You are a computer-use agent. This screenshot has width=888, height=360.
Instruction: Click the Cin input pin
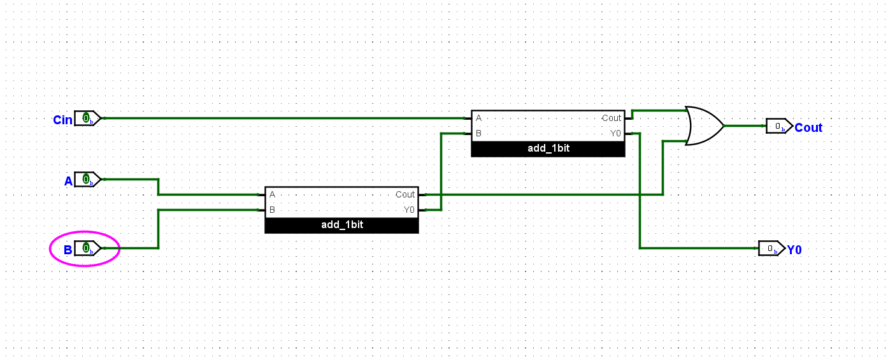pyautogui.click(x=87, y=119)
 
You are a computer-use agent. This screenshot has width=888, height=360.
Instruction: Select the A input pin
pyautogui.click(x=87, y=180)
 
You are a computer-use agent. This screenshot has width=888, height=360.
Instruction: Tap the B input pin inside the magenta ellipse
pyautogui.click(x=87, y=248)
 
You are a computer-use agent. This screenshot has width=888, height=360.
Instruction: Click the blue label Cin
pyautogui.click(x=62, y=120)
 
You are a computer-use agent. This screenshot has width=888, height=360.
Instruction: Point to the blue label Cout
pyautogui.click(x=808, y=128)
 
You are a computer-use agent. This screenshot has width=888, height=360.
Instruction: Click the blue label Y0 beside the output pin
pyautogui.click(x=794, y=250)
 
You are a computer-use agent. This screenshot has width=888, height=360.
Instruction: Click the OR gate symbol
pyautogui.click(x=703, y=126)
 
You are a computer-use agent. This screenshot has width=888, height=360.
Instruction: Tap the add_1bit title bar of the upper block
pyautogui.click(x=548, y=149)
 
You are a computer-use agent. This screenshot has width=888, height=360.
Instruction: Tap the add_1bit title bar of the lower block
pyautogui.click(x=342, y=226)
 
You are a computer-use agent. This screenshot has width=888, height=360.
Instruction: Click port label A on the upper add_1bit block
pyautogui.click(x=478, y=119)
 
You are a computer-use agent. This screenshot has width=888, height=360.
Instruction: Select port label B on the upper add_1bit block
pyautogui.click(x=478, y=134)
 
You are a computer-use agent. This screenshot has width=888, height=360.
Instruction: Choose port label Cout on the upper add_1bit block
pyautogui.click(x=611, y=119)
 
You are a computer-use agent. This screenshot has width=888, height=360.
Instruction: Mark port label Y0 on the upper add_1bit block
pyautogui.click(x=615, y=134)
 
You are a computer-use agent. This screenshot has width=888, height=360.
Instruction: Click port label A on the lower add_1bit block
pyautogui.click(x=272, y=195)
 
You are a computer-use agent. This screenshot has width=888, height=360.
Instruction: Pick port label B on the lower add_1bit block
pyautogui.click(x=272, y=210)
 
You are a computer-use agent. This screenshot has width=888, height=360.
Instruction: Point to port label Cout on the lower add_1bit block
pyautogui.click(x=405, y=195)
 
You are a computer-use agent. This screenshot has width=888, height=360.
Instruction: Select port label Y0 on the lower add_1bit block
pyautogui.click(x=408, y=210)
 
